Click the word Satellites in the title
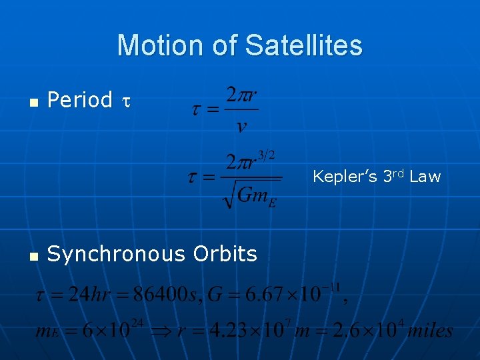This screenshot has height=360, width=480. coord(304,45)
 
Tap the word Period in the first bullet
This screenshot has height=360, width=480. coord(80,100)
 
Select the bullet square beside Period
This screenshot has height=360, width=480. coord(34,102)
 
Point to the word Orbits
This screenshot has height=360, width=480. coord(225,254)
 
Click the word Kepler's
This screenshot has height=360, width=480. coord(345,177)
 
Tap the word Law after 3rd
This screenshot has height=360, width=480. coord(425,177)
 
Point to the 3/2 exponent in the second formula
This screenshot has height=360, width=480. coord(267,155)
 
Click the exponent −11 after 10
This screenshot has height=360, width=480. coord(331,287)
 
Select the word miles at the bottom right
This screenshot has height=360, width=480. coord(429,331)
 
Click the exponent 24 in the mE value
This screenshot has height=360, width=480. coord(138,323)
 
